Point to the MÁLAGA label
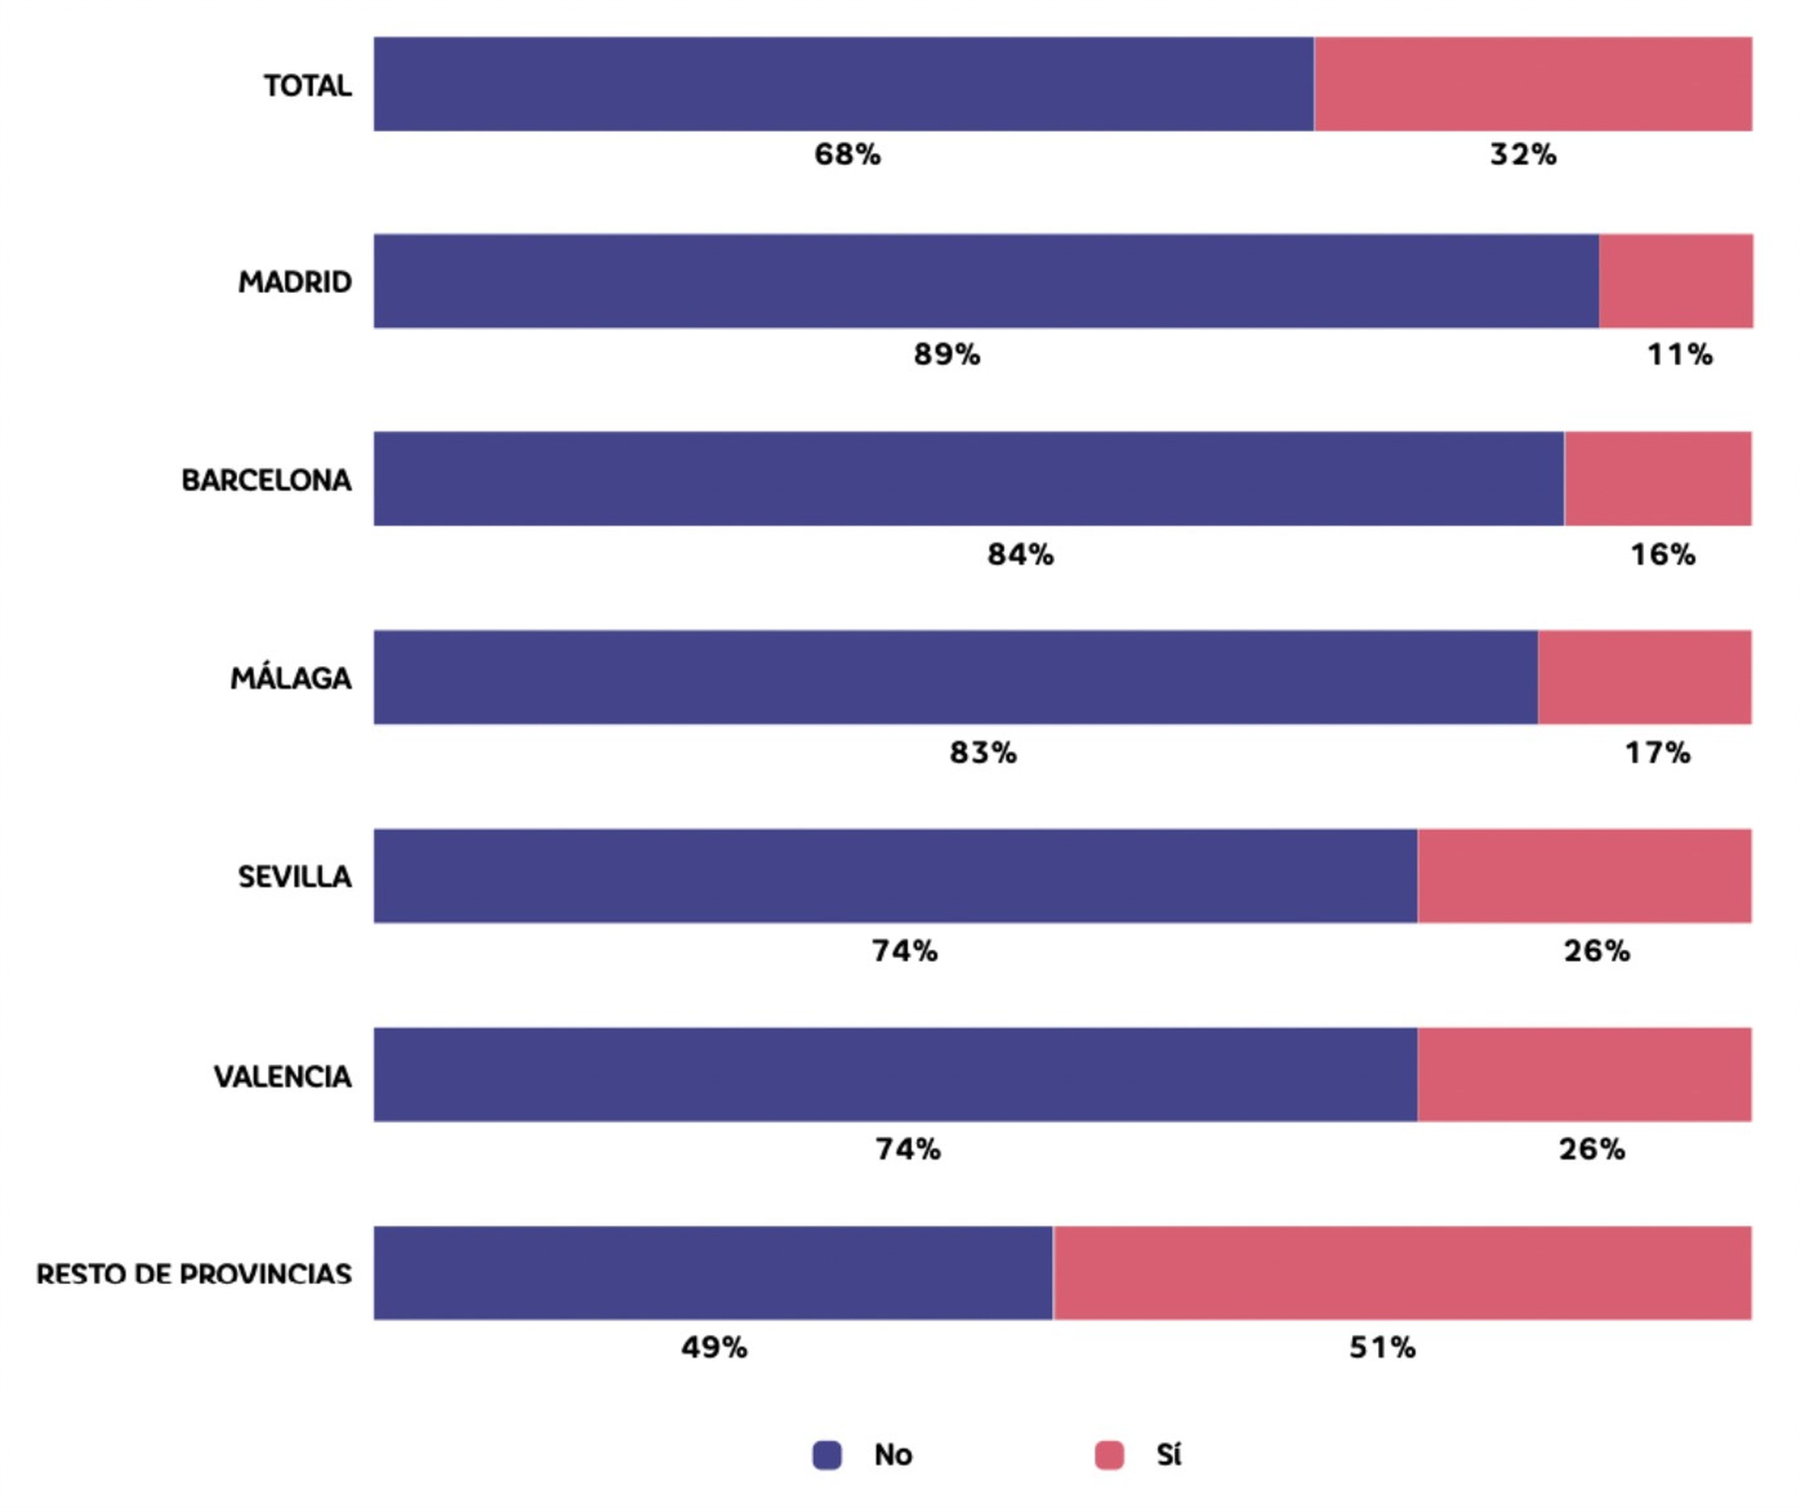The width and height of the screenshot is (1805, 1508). [290, 678]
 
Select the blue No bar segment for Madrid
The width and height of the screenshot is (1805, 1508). [986, 281]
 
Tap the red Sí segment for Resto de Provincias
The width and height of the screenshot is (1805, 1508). [1402, 1273]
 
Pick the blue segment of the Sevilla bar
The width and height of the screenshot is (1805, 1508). [895, 875]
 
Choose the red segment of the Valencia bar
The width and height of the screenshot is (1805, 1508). [1584, 1074]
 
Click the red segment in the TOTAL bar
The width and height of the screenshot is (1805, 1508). [1532, 84]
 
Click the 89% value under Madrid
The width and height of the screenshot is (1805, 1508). [946, 354]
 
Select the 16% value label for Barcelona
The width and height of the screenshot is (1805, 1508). [1663, 554]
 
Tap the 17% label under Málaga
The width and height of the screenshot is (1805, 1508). [1657, 753]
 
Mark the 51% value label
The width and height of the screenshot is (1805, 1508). [1382, 1347]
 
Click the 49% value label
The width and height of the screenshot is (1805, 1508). [714, 1347]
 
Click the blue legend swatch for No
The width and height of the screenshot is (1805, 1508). [827, 1455]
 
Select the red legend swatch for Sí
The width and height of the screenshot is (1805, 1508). [1109, 1455]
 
